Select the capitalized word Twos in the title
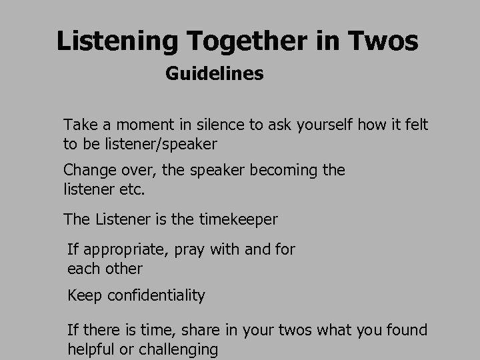pos(383,41)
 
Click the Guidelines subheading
pos(214,73)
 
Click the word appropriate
pos(123,250)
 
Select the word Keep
pos(83,295)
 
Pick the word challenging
pos(179,349)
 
